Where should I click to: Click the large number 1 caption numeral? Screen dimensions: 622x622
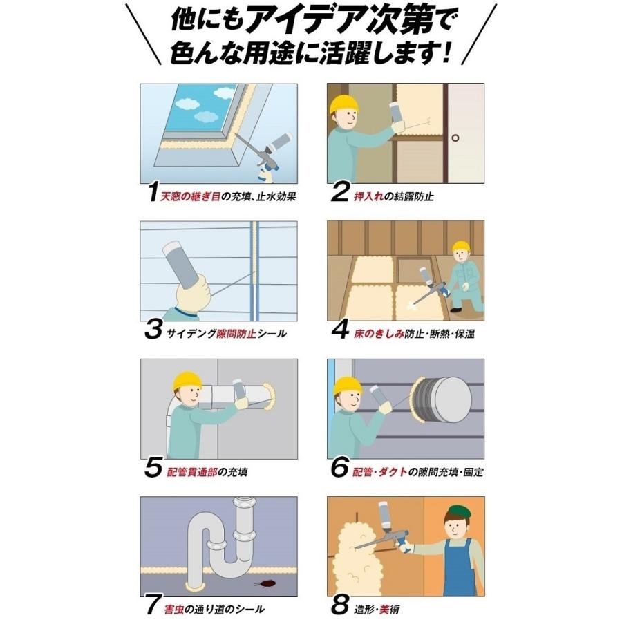pyautogui.click(x=153, y=191)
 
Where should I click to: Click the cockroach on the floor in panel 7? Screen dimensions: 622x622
pyautogui.click(x=265, y=583)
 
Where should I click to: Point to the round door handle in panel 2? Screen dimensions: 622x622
pyautogui.click(x=455, y=138)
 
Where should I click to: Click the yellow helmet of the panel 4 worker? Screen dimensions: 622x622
pyautogui.click(x=462, y=246)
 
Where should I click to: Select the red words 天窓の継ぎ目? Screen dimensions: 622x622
pyautogui.click(x=191, y=196)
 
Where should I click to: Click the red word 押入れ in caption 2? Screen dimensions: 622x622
pyautogui.click(x=368, y=196)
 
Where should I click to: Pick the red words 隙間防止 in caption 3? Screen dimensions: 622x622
pyautogui.click(x=236, y=334)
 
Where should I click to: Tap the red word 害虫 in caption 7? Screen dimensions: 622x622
pyautogui.click(x=174, y=609)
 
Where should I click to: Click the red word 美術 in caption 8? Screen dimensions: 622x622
pyautogui.click(x=390, y=609)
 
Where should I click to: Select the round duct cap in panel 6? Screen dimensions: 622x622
pyautogui.click(x=451, y=398)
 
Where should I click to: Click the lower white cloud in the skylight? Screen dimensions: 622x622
pyautogui.click(x=208, y=116)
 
